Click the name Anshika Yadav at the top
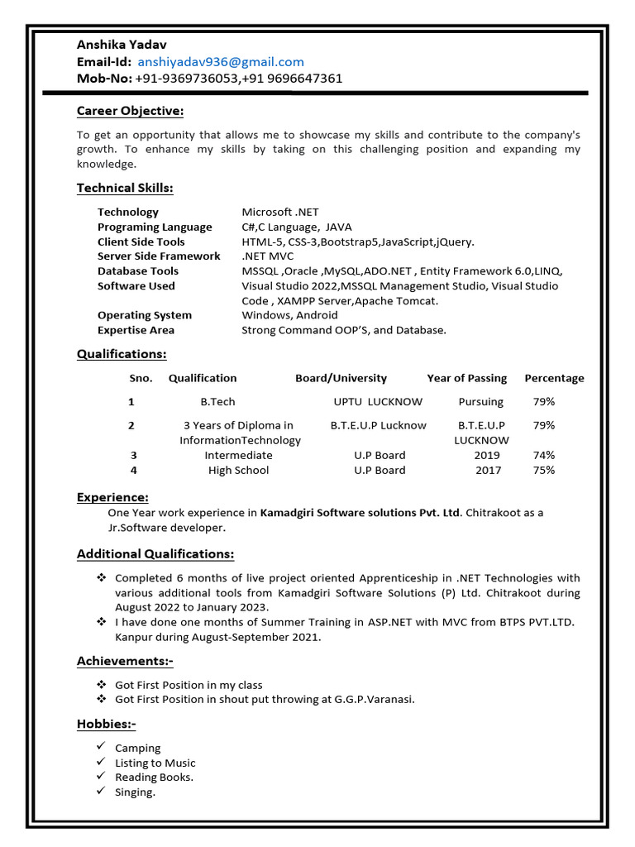tap(121, 45)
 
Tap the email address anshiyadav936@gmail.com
tap(221, 62)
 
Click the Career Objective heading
tap(130, 111)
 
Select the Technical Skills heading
tap(125, 188)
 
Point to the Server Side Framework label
tap(159, 256)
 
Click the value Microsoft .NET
tap(280, 212)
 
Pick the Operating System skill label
tap(144, 315)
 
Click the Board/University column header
tap(341, 378)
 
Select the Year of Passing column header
tap(466, 378)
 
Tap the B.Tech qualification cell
tap(217, 402)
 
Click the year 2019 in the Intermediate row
tap(487, 456)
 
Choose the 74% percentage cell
tap(543, 456)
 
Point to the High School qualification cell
tap(238, 471)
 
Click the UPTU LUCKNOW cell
tap(378, 402)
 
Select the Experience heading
tap(112, 497)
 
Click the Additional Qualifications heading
tap(155, 553)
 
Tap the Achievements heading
tap(125, 661)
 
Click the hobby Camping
tap(138, 749)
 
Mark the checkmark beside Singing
tap(101, 792)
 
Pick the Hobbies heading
tap(107, 724)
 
